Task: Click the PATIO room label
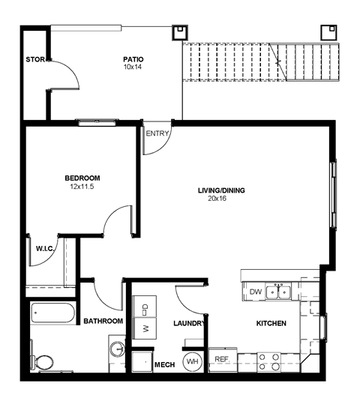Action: click(x=133, y=59)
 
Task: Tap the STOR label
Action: click(x=34, y=59)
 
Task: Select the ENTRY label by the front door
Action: click(x=157, y=134)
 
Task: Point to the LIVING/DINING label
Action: click(x=221, y=190)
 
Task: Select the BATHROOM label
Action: click(x=103, y=321)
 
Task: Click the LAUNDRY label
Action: click(x=188, y=324)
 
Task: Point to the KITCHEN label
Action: click(x=271, y=324)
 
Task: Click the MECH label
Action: click(x=163, y=365)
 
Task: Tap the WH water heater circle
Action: click(x=193, y=361)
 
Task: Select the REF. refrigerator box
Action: click(x=222, y=360)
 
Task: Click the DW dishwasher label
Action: click(x=255, y=292)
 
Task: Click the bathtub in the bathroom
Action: click(x=52, y=313)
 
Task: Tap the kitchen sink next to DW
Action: click(x=280, y=291)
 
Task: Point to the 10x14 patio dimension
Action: click(x=133, y=67)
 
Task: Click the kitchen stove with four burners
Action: click(x=269, y=362)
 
